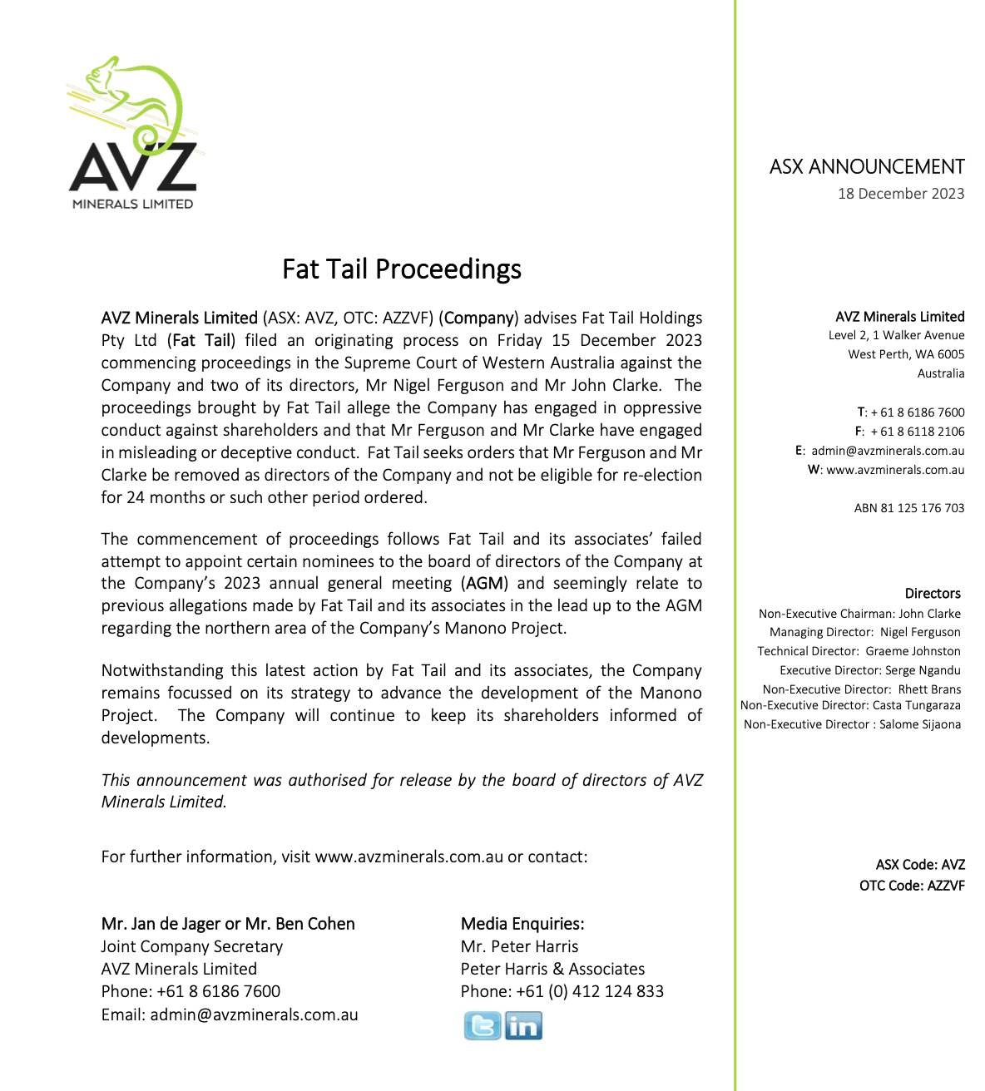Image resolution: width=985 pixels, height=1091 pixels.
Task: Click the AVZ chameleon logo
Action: (133, 133)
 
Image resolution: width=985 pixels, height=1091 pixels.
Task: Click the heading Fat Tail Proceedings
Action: (402, 269)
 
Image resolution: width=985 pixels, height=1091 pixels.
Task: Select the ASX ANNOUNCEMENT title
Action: (867, 167)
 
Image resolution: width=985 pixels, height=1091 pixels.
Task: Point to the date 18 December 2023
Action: (901, 194)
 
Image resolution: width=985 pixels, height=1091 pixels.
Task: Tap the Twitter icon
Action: (483, 1026)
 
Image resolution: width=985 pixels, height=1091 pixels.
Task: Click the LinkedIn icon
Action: (523, 1026)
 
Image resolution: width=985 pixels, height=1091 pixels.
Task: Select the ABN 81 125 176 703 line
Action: (909, 508)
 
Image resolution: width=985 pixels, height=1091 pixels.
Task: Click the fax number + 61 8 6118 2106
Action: (918, 432)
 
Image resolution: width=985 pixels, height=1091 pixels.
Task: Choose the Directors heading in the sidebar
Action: (933, 594)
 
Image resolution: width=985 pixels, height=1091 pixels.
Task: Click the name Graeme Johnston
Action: (913, 651)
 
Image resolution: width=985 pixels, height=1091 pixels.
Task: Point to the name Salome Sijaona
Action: (920, 724)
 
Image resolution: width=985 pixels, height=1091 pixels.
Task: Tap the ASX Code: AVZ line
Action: (920, 865)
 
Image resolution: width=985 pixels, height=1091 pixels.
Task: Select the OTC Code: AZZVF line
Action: (912, 886)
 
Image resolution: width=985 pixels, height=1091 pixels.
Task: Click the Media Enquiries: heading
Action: (522, 924)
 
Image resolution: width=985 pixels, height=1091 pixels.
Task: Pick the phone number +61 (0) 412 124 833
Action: (590, 991)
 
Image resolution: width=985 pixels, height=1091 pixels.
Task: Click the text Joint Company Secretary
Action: (192, 946)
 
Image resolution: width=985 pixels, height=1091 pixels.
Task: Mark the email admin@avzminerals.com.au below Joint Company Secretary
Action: (254, 1014)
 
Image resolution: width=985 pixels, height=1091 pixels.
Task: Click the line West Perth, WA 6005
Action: (906, 354)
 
